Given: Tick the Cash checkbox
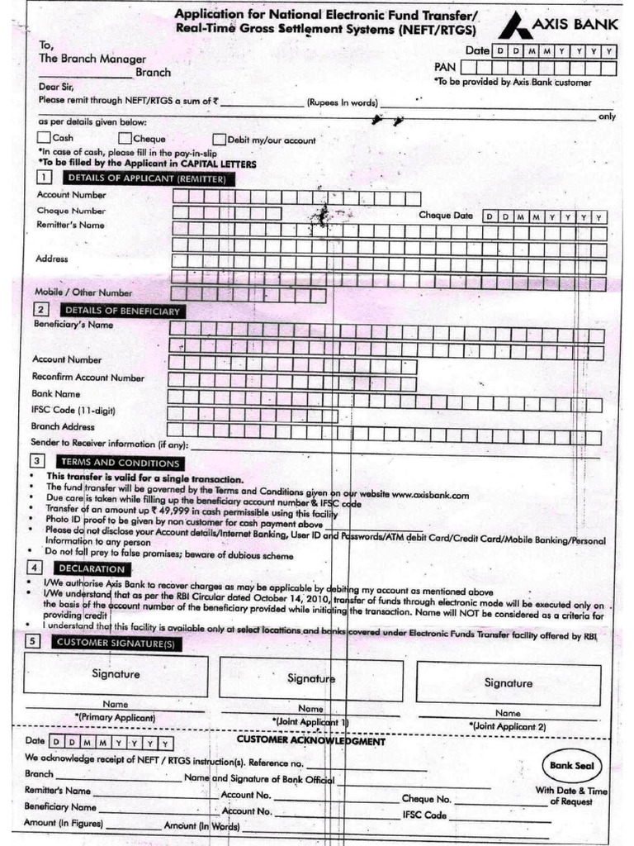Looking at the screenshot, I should point(44,138).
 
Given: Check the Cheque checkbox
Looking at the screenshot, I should point(125,138).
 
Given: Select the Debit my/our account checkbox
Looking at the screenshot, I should point(220,140).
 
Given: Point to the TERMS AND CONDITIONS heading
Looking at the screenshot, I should point(118,463).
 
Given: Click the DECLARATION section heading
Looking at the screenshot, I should point(91,568).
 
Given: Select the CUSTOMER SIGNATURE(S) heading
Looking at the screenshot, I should point(126,641).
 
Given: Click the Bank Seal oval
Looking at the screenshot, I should point(571,766).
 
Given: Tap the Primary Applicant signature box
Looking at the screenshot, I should point(115,673).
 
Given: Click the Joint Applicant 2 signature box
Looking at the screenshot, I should point(508,682).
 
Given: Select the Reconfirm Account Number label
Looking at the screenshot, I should point(88,378).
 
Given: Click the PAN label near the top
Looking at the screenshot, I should point(445,67).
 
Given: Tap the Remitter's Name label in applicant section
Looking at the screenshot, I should point(70,225).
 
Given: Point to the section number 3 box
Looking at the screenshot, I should point(36,461).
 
